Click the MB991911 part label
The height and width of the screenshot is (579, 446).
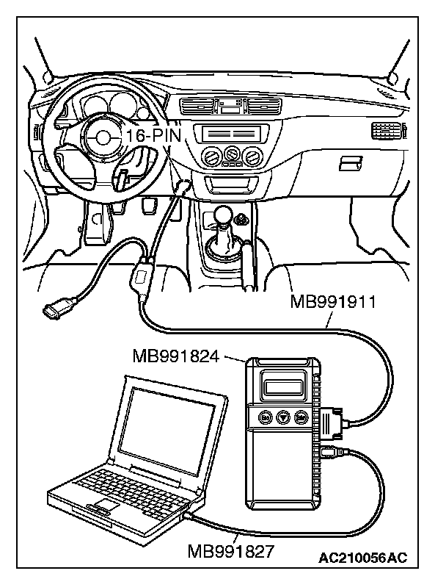334,301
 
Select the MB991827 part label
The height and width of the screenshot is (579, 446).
230,551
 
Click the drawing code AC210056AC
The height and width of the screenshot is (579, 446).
363,560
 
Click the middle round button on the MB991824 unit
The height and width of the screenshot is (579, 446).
282,417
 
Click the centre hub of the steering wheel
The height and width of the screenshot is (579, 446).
101,137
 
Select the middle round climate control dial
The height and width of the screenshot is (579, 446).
233,154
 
